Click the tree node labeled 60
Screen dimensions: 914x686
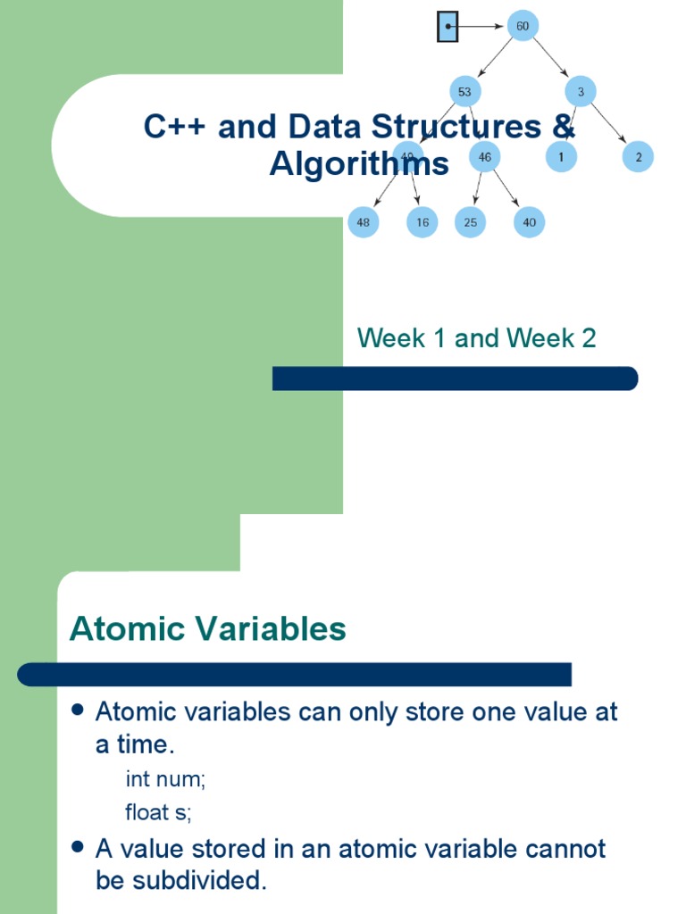point(522,27)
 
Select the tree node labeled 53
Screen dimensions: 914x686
point(464,91)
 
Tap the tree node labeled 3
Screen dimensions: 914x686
point(581,91)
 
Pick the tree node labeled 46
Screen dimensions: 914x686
point(484,157)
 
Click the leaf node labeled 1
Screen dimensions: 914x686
point(561,157)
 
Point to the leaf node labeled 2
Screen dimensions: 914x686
point(639,157)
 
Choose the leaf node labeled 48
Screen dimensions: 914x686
point(364,222)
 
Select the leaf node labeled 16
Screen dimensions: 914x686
point(422,222)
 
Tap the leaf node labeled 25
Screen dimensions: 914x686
point(470,222)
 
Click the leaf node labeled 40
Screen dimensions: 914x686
point(529,222)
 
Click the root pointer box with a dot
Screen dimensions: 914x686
point(448,28)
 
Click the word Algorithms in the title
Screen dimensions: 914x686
point(359,164)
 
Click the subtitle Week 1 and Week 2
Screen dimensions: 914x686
point(476,338)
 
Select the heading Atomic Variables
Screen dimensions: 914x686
point(207,629)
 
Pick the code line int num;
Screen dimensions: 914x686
point(166,779)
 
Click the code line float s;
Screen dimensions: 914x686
point(159,812)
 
